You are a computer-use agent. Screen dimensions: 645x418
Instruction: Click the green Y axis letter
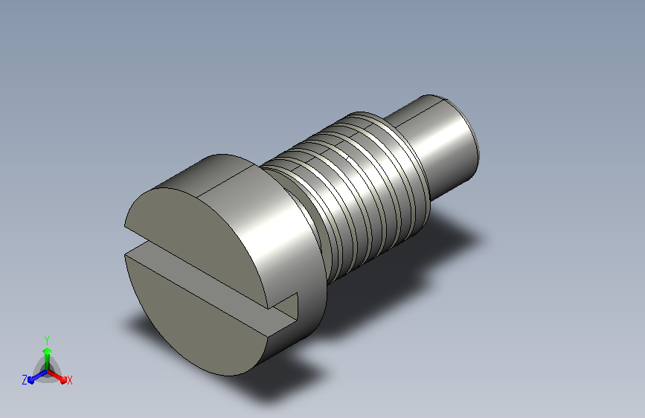(47, 340)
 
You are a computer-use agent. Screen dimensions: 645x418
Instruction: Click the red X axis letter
(69, 380)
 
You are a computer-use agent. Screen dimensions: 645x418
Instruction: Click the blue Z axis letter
(25, 380)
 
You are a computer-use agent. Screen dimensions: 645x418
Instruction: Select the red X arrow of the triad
(57, 376)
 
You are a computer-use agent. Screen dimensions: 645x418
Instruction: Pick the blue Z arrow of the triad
(38, 376)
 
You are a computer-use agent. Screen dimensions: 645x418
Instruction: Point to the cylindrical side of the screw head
(284, 231)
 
